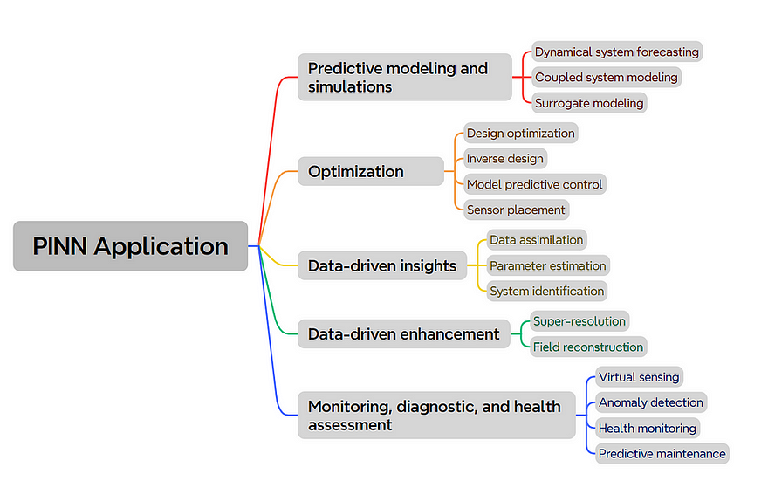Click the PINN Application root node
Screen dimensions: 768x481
pos(130,246)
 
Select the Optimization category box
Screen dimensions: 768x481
pos(371,171)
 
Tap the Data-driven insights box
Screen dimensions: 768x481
pos(382,265)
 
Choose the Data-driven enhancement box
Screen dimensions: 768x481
pos(404,334)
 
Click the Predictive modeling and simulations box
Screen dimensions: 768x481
pos(405,78)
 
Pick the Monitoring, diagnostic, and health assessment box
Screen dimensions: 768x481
pos(436,416)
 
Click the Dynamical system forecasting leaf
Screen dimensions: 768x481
pos(617,52)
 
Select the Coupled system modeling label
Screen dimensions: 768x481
pos(607,78)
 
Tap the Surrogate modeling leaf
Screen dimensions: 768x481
pos(589,103)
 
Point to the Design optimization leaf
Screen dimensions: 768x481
pos(521,134)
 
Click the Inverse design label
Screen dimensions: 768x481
pos(505,159)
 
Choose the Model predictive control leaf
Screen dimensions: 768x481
pos(535,184)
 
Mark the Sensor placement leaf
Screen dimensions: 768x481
pos(517,210)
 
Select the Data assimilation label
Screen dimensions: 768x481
pos(537,240)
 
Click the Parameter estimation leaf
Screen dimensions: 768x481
pos(548,265)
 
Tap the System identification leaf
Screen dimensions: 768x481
pos(547,291)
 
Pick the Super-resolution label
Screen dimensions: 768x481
pos(579,321)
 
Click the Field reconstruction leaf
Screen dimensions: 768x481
pos(588,347)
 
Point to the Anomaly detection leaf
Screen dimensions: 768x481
pos(651,402)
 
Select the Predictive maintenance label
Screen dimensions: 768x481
pos(662,454)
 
